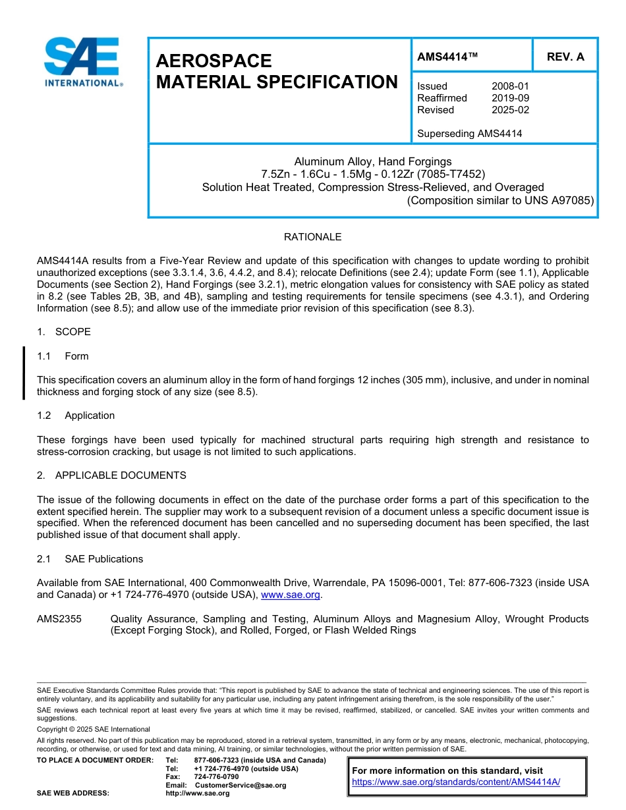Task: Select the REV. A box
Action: [x=565, y=57]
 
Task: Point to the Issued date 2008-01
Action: [x=510, y=86]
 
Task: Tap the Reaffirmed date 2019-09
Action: [x=510, y=98]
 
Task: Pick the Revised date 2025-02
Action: [x=510, y=110]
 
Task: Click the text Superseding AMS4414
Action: [x=469, y=134]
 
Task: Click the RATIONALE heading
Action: [x=312, y=237]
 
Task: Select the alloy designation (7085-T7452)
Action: [x=452, y=175]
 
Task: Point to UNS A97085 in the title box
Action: [x=561, y=200]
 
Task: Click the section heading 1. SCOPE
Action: [x=64, y=332]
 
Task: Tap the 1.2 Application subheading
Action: [x=76, y=416]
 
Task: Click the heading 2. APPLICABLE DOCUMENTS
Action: [x=111, y=475]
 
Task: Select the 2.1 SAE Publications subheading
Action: [x=90, y=559]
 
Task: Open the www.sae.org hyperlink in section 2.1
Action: [x=291, y=595]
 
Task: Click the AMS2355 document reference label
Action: [x=59, y=619]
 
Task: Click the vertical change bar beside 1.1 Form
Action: [x=24, y=373]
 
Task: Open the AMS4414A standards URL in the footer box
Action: [x=456, y=782]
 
